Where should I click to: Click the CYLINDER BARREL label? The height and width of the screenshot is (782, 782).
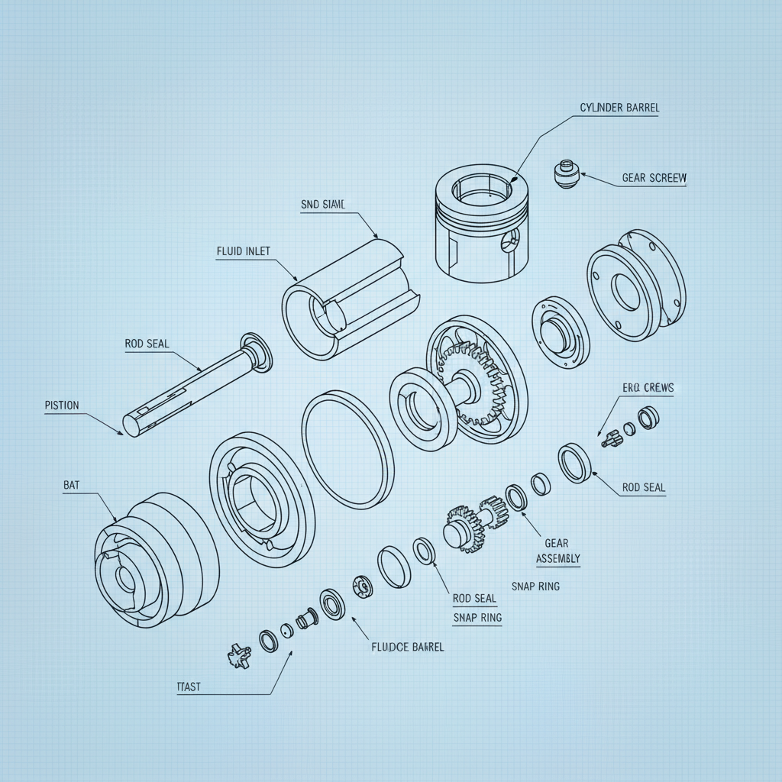[619, 108]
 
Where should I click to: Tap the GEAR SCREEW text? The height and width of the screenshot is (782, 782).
[654, 178]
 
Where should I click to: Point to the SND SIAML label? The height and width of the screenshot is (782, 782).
[322, 205]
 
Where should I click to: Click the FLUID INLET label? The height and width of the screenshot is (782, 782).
[243, 250]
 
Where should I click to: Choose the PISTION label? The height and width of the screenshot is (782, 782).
[62, 405]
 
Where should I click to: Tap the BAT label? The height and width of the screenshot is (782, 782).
[71, 485]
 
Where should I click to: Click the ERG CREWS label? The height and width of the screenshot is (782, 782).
[648, 388]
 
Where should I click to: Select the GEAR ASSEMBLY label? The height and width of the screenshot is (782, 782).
[557, 551]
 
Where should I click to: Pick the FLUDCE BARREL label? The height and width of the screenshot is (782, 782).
[407, 647]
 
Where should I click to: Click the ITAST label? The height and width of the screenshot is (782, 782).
[189, 687]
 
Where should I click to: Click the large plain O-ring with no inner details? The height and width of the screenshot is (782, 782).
[347, 451]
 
